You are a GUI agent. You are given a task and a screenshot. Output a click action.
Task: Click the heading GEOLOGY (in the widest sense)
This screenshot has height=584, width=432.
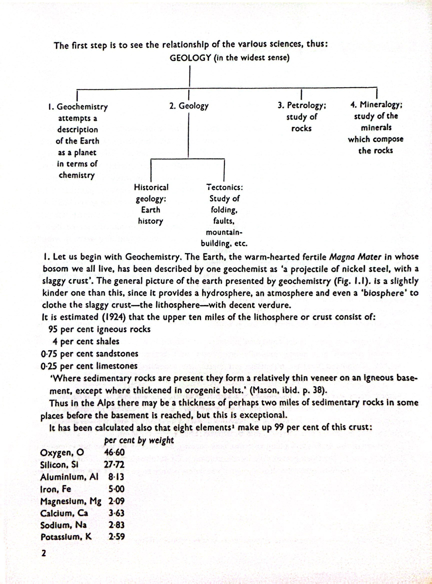[x=229, y=58]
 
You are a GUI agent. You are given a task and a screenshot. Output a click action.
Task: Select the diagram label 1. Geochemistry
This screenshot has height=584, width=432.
[x=78, y=107]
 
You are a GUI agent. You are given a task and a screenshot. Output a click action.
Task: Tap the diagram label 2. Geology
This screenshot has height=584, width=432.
[x=189, y=106]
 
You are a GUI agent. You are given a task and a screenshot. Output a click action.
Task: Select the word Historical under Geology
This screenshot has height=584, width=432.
[x=151, y=187]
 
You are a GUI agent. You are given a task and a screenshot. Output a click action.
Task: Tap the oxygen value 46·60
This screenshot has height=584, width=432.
[x=114, y=452]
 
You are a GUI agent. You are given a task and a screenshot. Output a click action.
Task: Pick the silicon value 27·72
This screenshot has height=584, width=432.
[x=113, y=464]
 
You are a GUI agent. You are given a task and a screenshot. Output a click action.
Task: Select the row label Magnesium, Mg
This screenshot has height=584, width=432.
[x=70, y=500]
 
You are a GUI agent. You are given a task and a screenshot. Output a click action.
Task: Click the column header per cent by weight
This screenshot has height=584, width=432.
[x=139, y=440]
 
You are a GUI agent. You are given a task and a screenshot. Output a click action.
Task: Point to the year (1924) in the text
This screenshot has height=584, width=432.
[x=112, y=317]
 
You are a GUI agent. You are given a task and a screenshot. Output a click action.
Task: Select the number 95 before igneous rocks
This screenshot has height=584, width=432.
[x=53, y=329]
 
